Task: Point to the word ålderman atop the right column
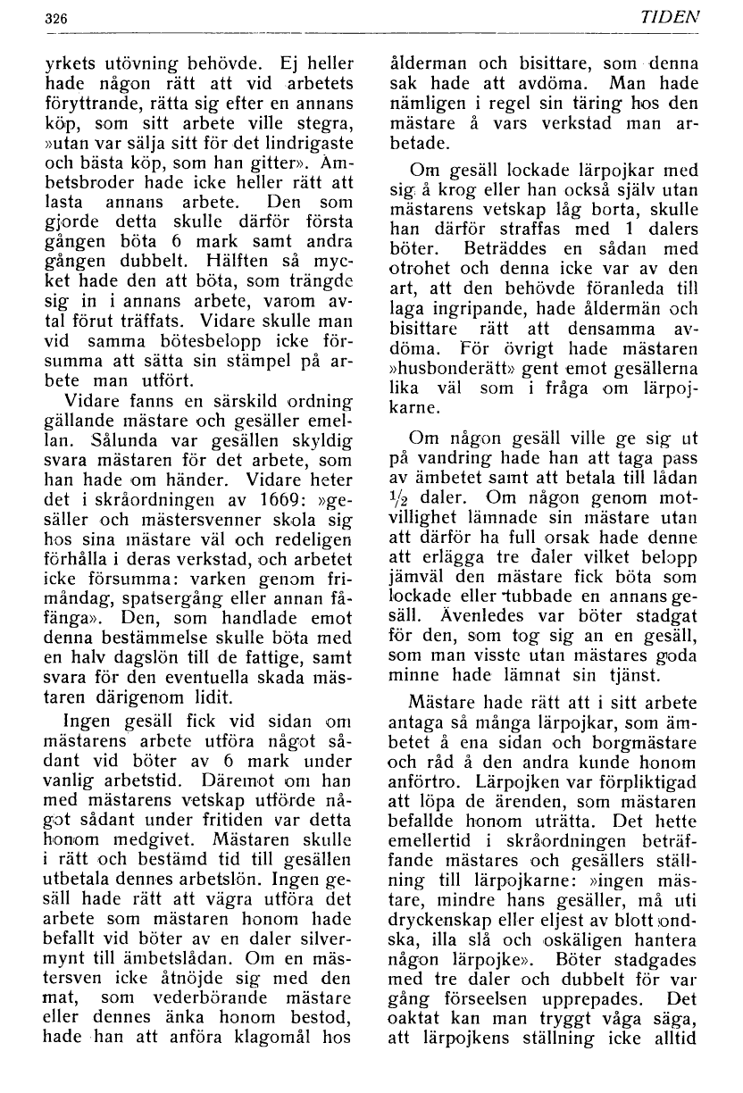click(x=428, y=64)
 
